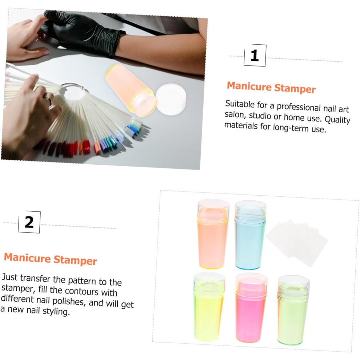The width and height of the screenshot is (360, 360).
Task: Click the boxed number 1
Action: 255,56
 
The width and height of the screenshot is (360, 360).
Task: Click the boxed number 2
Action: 29,222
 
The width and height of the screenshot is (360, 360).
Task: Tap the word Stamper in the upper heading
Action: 295,88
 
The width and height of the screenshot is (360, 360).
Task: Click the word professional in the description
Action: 299,107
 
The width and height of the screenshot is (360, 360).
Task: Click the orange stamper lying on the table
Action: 131,90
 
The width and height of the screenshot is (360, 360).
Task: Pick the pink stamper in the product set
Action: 251,307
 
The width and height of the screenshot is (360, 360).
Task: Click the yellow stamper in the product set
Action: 209,307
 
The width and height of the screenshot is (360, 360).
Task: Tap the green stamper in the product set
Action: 293,310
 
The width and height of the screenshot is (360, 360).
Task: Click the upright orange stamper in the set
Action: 213,234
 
